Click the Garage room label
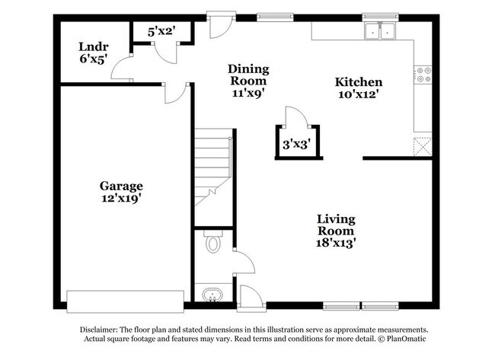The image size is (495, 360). coord(121,185)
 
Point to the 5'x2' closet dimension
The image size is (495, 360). coord(161,32)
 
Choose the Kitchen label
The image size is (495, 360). coord(359,82)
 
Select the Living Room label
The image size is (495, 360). coord(336,225)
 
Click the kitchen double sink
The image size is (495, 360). coord(378,31)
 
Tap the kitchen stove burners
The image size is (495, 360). coord(423,75)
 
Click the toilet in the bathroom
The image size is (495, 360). coord(212,244)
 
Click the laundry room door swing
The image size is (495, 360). coord(122,70)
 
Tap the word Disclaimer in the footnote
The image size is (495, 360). coord(99,330)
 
